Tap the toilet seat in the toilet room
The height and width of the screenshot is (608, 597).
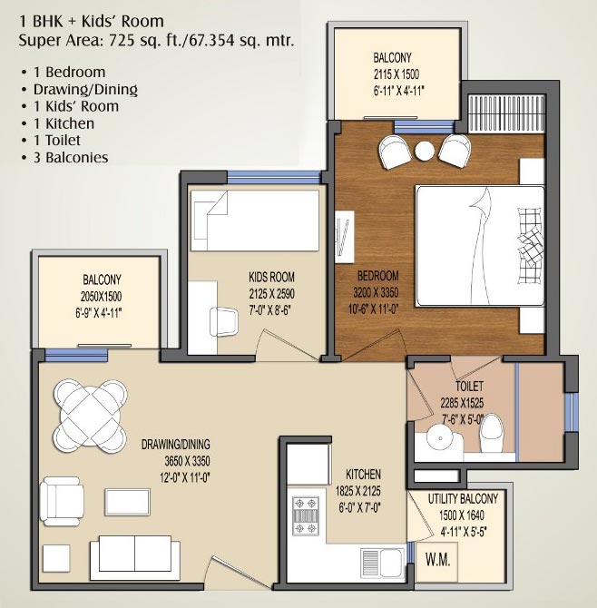point(491,433)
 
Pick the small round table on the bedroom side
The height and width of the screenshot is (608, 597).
point(424,150)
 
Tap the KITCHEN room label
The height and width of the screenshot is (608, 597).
point(362,474)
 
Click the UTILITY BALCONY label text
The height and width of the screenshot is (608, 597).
point(463,499)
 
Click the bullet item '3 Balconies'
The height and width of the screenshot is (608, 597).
point(70,157)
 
